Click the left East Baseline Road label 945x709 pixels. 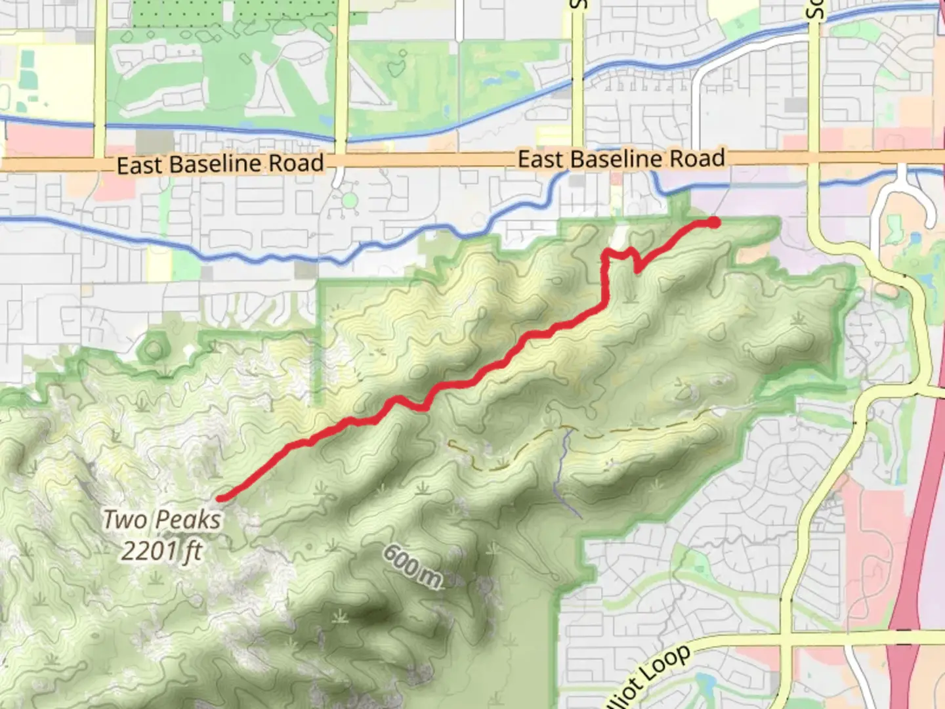click(x=220, y=164)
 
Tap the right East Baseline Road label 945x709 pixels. click(x=621, y=159)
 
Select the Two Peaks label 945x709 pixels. click(x=162, y=520)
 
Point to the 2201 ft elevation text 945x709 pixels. click(x=161, y=550)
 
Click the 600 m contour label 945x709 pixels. click(x=412, y=566)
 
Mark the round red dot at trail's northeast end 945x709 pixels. click(x=713, y=223)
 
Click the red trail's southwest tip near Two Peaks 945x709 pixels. click(x=221, y=498)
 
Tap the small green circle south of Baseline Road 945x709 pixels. click(x=350, y=200)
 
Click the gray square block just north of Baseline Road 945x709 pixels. click(x=155, y=140)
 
